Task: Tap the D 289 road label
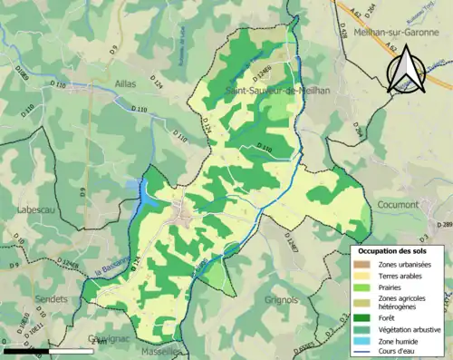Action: tap(444, 224)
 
